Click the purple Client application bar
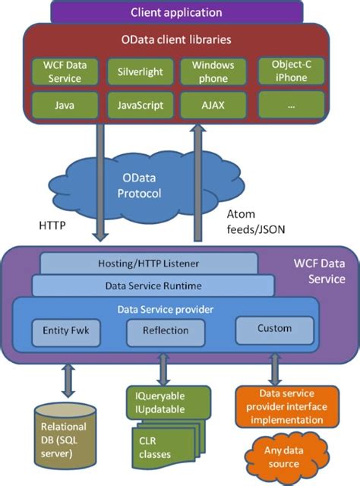tap(176, 12)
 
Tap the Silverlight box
tap(135, 71)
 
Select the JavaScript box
tap(135, 103)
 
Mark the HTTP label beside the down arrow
tap(52, 226)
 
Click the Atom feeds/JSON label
tap(254, 222)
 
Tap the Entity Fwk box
tap(65, 332)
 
